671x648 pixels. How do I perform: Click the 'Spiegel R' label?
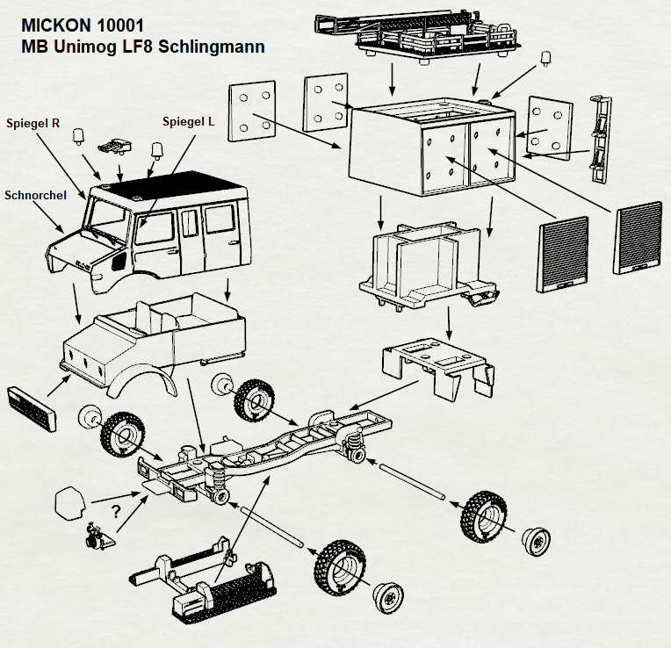click(33, 123)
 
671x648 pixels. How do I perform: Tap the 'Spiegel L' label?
click(189, 122)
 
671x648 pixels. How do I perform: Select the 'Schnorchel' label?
click(35, 195)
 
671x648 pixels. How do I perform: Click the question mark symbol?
click(116, 512)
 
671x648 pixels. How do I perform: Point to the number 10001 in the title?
click(119, 25)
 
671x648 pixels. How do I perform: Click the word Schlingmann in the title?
click(212, 47)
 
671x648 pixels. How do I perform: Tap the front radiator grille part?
click(32, 409)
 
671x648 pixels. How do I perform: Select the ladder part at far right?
click(601, 139)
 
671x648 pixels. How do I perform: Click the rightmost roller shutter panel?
click(638, 237)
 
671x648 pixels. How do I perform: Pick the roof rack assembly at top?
click(417, 35)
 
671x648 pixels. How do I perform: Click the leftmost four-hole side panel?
click(252, 111)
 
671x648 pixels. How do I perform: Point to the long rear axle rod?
click(411, 481)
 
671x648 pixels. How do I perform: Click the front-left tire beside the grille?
click(122, 435)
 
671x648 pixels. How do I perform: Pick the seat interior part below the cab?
click(154, 342)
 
